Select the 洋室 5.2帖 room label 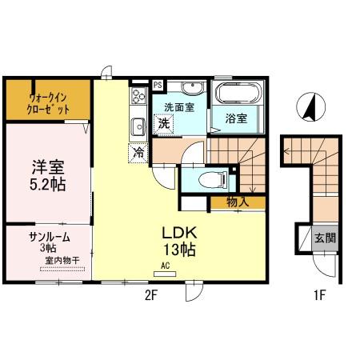(48, 175)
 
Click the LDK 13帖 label (180, 241)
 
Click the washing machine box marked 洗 (162, 124)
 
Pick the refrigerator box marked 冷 (138, 150)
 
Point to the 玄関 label (325, 238)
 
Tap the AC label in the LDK (166, 265)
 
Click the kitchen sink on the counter (138, 125)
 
